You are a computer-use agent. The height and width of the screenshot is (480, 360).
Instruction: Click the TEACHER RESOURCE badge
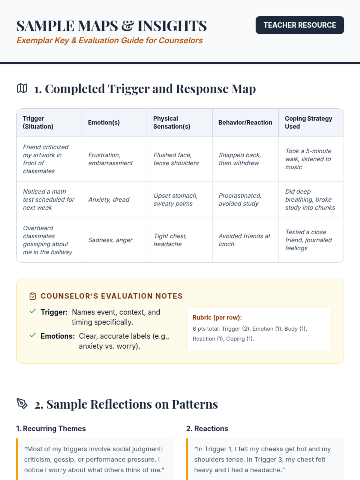[x=300, y=25]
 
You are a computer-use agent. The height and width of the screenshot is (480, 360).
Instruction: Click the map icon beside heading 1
[x=22, y=88]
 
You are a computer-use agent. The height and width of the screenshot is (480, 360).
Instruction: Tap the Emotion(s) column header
[x=104, y=122]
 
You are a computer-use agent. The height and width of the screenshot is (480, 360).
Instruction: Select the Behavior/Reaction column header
[x=245, y=122]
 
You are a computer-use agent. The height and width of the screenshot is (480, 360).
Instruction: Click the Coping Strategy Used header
[x=308, y=122]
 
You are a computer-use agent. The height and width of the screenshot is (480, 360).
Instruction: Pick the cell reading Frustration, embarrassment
[x=110, y=159]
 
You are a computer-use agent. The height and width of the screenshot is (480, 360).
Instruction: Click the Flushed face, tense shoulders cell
[x=176, y=159]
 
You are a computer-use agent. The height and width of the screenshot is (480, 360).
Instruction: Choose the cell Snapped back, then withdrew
[x=240, y=159]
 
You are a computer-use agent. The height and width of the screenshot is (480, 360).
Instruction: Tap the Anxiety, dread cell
[x=109, y=199]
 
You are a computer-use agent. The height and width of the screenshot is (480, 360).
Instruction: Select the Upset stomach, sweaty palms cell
[x=175, y=199]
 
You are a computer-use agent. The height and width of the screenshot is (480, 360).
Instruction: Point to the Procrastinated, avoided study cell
[x=240, y=199]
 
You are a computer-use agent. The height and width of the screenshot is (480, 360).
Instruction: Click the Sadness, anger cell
[x=110, y=240]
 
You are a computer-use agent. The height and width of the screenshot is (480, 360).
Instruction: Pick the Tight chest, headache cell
[x=170, y=240]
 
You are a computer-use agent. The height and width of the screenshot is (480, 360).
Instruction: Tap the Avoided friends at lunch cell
[x=244, y=240]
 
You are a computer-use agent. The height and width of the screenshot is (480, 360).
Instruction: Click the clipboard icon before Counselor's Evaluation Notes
[x=33, y=296]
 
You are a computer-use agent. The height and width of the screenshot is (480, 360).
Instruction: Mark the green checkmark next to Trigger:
[x=33, y=311]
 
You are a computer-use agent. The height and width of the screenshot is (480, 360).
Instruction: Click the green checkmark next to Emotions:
[x=33, y=335]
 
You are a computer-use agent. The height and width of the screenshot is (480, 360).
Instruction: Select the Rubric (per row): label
[x=217, y=317]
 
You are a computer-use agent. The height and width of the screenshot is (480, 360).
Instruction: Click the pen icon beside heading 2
[x=22, y=404]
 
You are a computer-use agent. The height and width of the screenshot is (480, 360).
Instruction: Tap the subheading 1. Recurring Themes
[x=51, y=428]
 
